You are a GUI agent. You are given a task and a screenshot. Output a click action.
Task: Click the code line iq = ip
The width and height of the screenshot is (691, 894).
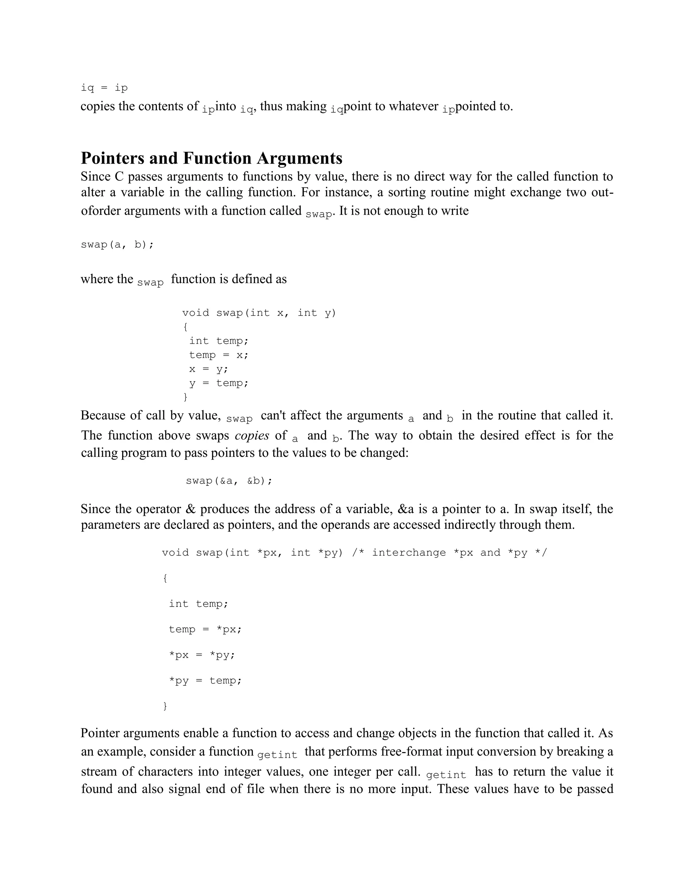(x=104, y=88)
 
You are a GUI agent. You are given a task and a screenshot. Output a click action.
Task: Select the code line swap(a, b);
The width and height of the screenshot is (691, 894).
(x=117, y=245)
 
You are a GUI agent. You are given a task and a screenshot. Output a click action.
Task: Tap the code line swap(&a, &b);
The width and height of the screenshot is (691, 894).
(x=229, y=480)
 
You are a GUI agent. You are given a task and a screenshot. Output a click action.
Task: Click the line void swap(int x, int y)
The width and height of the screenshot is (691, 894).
(x=259, y=313)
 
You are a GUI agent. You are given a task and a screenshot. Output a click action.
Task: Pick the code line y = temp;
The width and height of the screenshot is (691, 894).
(x=219, y=383)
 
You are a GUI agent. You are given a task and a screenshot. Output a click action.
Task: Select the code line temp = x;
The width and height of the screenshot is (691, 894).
(x=219, y=355)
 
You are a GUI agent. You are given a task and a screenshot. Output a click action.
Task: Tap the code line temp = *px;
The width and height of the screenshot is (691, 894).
(x=205, y=629)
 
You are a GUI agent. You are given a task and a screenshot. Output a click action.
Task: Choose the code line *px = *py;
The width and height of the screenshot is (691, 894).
(x=202, y=655)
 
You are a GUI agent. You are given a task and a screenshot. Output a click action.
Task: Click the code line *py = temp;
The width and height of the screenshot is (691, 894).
(x=205, y=681)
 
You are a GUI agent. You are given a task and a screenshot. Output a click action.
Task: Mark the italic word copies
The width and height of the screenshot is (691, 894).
(x=252, y=436)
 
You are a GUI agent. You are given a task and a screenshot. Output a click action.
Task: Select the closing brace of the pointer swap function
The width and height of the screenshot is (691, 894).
(x=165, y=706)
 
